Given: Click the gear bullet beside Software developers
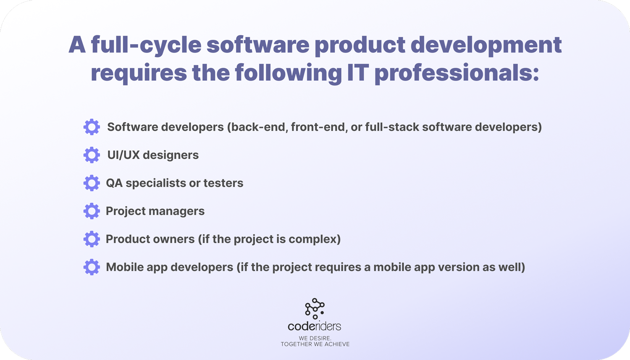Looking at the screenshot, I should pos(92,127).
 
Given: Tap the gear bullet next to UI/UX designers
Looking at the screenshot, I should pos(92,155).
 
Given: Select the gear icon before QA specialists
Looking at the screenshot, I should pos(92,183).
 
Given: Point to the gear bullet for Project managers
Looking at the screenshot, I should pos(92,211).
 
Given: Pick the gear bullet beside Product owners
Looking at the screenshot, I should pos(92,239).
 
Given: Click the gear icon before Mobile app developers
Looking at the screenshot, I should pos(92,267).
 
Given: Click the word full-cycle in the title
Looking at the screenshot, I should pos(146,45).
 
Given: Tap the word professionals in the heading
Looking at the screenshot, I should pos(456,73).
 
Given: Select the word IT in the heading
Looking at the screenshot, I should pos(357,73).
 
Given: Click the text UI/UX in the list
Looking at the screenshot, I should pos(123,155).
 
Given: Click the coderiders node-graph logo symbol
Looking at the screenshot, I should pos(315,308).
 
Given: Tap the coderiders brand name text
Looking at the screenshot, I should pos(315,326).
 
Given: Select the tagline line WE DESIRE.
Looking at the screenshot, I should pos(315,338).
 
